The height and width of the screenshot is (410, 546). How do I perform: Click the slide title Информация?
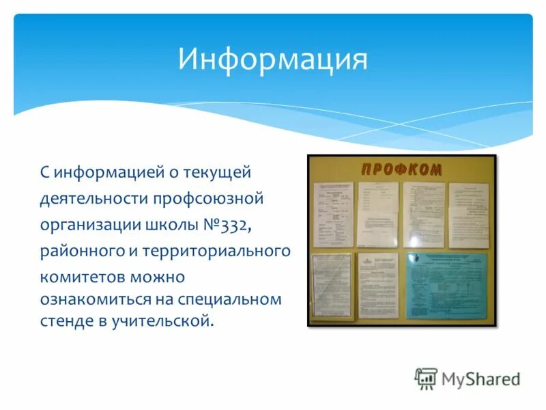[x=273, y=59]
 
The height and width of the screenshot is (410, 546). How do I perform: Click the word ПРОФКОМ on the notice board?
[x=401, y=169]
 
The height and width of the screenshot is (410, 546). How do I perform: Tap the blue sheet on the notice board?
[x=447, y=286]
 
